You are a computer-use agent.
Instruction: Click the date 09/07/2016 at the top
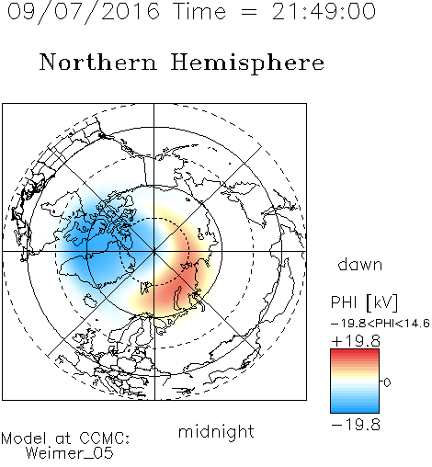[84, 12]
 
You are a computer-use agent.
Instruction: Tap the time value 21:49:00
[324, 11]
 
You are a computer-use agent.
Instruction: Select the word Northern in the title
[98, 62]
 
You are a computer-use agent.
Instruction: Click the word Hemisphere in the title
[247, 63]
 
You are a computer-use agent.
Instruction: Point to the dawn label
[360, 264]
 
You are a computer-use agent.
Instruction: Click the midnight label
[216, 431]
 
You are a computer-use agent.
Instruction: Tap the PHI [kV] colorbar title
[364, 302]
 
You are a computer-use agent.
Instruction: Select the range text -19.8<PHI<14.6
[381, 324]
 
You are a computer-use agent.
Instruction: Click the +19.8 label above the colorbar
[356, 341]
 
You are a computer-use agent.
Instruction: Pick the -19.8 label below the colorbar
[356, 425]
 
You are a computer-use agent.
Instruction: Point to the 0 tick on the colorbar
[387, 382]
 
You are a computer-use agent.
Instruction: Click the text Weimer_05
[70, 453]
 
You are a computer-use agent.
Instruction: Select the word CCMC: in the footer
[105, 439]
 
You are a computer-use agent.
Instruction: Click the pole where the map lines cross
[154, 252]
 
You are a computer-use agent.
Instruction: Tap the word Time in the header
[199, 11]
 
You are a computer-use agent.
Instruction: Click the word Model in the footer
[24, 439]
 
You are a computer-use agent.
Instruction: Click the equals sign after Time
[249, 12]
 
